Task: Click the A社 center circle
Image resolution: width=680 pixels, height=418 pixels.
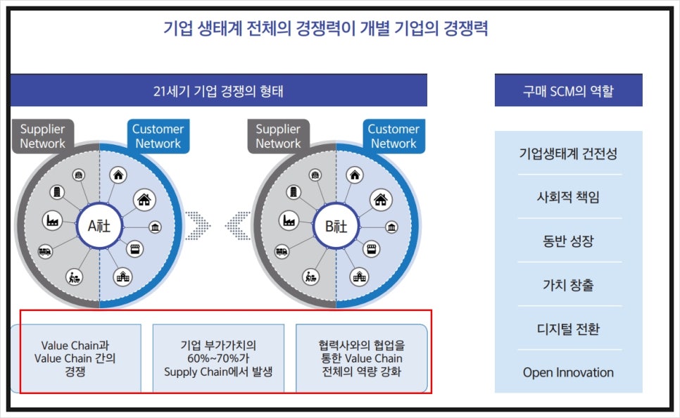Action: click(99, 226)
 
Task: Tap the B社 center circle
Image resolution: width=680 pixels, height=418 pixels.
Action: click(336, 226)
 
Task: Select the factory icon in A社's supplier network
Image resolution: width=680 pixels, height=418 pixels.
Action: click(52, 220)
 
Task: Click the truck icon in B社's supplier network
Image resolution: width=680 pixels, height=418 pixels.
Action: click(282, 251)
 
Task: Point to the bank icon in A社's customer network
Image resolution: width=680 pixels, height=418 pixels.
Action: click(156, 227)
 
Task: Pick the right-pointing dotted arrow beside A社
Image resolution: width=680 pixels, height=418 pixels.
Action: click(198, 226)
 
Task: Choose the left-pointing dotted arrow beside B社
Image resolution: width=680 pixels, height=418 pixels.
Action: click(238, 226)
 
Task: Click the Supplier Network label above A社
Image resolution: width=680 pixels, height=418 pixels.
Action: click(42, 136)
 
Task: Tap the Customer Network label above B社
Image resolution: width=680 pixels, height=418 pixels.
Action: click(393, 136)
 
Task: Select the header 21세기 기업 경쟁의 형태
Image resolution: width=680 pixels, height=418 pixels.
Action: click(218, 91)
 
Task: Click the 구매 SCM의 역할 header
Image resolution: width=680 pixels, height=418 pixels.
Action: click(568, 91)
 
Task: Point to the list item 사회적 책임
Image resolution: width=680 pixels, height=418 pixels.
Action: click(568, 197)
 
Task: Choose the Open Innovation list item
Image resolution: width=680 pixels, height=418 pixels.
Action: click(568, 372)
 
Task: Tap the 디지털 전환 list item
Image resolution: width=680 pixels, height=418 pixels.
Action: click(568, 329)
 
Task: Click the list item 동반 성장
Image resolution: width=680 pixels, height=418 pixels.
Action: click(568, 241)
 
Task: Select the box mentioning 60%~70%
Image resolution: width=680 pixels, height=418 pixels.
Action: click(218, 358)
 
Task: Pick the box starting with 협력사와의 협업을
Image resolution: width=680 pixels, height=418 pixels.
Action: click(361, 358)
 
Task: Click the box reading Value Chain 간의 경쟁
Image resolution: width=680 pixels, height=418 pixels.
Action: click(75, 358)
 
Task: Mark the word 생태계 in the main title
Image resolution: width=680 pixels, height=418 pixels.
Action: click(220, 29)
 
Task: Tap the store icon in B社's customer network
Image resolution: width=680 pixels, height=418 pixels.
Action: click(371, 249)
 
